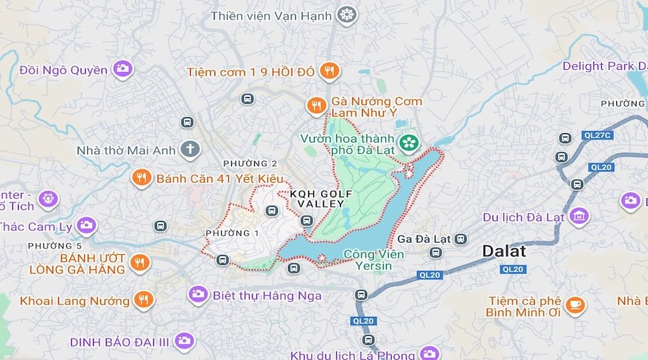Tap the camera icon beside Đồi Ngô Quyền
point(123,69)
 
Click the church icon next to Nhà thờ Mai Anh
point(190,150)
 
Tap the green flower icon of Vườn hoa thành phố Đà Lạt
point(409,143)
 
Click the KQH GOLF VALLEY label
point(321,199)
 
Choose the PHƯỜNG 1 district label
point(232,233)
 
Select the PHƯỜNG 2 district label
point(250,163)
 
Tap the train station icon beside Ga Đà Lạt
point(461,238)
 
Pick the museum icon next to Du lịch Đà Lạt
point(578,215)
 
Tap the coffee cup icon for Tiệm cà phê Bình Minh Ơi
point(575,305)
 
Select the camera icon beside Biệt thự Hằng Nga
point(198,294)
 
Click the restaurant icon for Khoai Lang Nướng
point(143,300)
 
